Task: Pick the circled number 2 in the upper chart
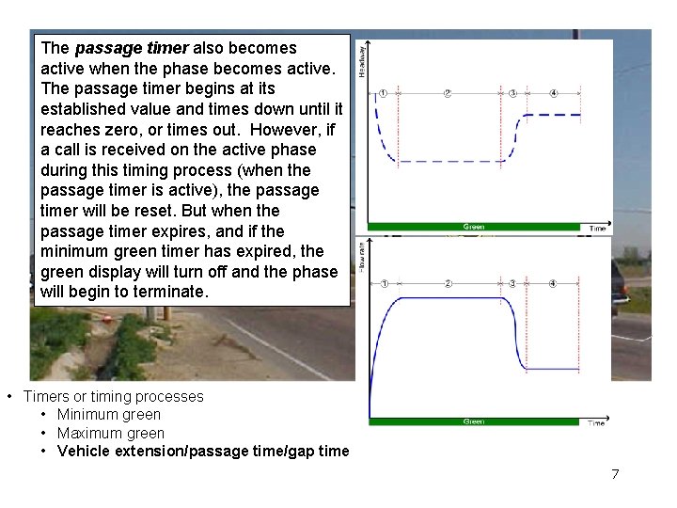(448, 93)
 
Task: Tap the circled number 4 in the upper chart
(553, 93)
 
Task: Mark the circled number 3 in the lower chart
(512, 283)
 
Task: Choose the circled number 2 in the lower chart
(449, 283)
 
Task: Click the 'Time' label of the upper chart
(597, 229)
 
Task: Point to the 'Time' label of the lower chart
(596, 423)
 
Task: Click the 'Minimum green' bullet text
(109, 415)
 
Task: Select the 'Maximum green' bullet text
(111, 434)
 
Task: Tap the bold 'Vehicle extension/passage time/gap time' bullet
(203, 452)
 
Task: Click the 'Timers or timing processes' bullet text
(113, 397)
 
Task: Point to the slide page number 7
(615, 474)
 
